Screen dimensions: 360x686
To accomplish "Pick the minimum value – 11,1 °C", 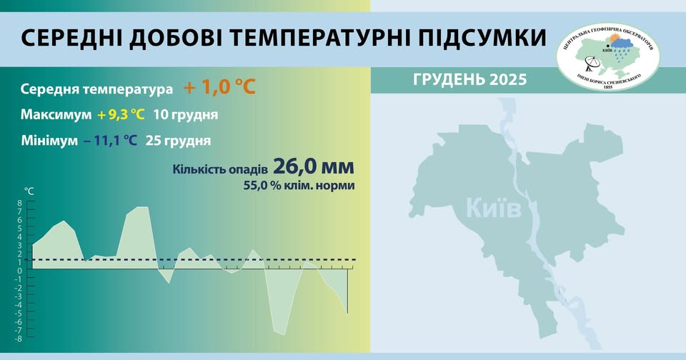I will coord(110,141).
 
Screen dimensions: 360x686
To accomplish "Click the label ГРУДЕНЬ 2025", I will coord(469,79).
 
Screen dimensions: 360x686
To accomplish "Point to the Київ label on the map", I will coord(493,209).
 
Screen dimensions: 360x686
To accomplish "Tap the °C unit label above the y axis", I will coord(29,191).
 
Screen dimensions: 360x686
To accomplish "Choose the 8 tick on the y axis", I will coord(19,203).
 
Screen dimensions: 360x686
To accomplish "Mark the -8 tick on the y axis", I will coord(19,339).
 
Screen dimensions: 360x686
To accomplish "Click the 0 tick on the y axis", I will coord(19,271).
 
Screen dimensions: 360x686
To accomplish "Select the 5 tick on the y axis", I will coord(19,229).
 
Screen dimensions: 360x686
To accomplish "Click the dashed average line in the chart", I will coord(214,260).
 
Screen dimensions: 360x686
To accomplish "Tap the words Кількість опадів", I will coord(220,170).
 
